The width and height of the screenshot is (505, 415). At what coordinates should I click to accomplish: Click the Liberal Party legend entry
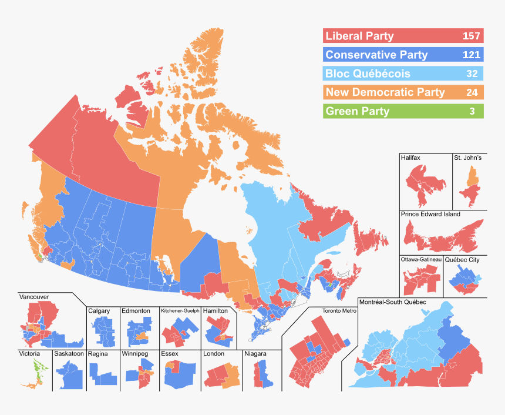(x=359, y=36)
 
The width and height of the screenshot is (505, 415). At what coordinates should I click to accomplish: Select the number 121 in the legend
(x=471, y=55)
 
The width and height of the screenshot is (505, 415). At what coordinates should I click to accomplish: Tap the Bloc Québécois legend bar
(x=403, y=74)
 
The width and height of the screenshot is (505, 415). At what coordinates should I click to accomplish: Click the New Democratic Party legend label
(x=385, y=92)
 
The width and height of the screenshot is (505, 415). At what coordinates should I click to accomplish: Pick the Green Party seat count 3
(x=472, y=111)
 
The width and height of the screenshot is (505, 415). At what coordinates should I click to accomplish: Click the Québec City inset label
(x=463, y=259)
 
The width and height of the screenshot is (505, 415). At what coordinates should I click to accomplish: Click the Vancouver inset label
(x=33, y=297)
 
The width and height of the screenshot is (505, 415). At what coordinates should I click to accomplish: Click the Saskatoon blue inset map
(x=69, y=374)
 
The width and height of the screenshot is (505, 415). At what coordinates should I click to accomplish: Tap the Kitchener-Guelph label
(x=180, y=310)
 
